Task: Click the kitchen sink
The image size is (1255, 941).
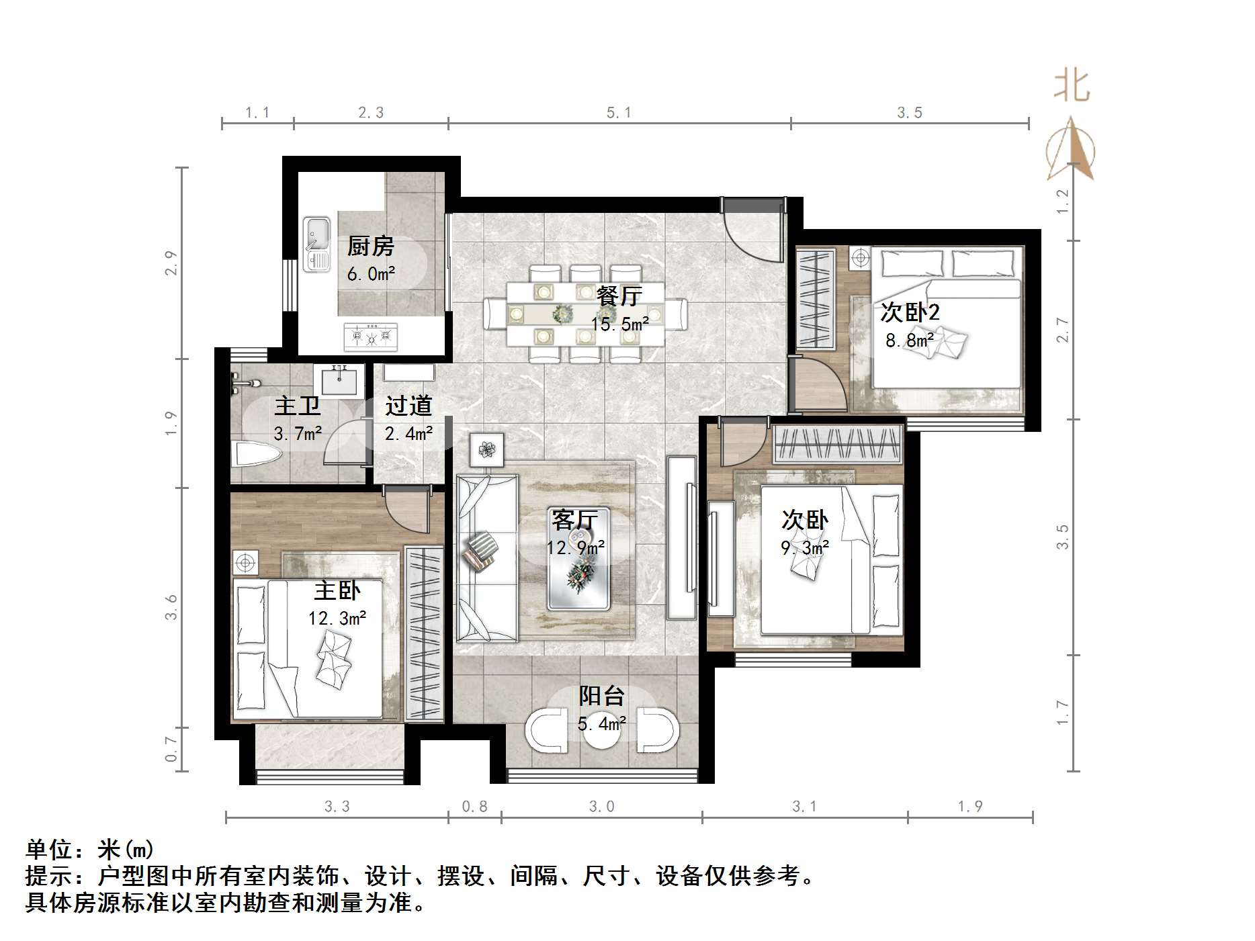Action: (x=316, y=244)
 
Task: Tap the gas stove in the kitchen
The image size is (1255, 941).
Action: (x=370, y=336)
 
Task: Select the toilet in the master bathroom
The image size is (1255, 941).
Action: (x=255, y=455)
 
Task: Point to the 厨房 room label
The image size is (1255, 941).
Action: (x=370, y=247)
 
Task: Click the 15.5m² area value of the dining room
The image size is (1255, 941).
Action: (x=619, y=324)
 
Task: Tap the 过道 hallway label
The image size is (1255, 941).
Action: (x=408, y=406)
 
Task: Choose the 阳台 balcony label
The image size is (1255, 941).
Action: (x=602, y=696)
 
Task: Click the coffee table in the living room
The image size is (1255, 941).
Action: (x=578, y=559)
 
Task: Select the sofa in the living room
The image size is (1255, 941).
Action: (x=487, y=557)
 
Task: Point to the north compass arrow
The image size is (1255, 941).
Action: (x=1071, y=148)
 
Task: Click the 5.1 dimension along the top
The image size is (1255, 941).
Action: (x=619, y=113)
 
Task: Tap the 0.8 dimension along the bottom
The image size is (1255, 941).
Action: (x=474, y=806)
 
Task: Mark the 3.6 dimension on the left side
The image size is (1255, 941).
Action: (x=171, y=607)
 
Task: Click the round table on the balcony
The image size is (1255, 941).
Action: (x=602, y=734)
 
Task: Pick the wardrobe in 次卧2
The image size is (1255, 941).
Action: (x=816, y=298)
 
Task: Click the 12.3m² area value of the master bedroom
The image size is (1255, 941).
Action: (x=337, y=618)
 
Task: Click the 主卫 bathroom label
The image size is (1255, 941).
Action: (x=298, y=406)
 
